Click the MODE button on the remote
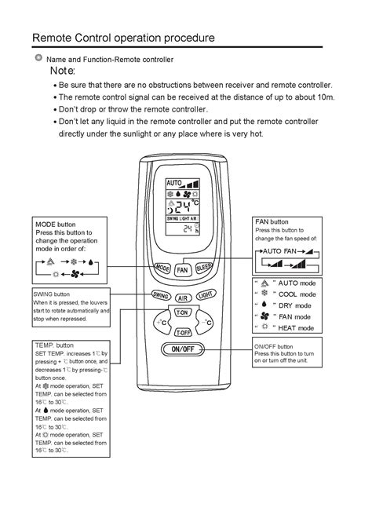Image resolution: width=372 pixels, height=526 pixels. point(162,268)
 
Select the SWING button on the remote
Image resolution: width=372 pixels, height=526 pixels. point(160,295)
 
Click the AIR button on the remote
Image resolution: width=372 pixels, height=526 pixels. point(183,298)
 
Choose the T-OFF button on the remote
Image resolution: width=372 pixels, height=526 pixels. point(183,333)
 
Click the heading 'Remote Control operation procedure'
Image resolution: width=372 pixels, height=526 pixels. point(122,38)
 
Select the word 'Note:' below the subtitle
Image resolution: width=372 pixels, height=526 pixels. point(63,71)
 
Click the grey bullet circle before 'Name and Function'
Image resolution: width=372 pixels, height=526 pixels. point(38,59)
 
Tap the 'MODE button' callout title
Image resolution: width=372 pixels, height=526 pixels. point(55,224)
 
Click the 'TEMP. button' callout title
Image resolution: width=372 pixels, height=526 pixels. point(54,345)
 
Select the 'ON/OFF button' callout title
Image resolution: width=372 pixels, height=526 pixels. point(274,346)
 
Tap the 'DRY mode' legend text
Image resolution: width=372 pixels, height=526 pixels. point(292,305)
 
